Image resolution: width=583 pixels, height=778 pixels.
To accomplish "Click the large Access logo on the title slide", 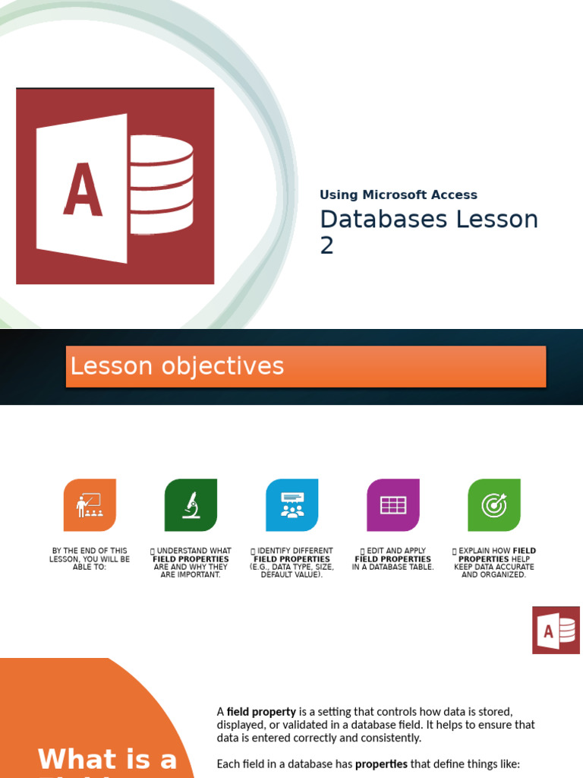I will (x=115, y=186).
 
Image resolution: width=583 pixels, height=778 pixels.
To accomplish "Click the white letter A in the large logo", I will (x=83, y=190).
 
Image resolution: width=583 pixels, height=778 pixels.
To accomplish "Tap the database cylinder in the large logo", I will (x=161, y=185).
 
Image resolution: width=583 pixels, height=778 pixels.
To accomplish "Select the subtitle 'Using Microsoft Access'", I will (x=399, y=195).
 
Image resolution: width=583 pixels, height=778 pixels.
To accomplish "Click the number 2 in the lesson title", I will (x=327, y=246).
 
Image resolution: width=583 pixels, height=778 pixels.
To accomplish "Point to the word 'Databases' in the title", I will (x=383, y=220).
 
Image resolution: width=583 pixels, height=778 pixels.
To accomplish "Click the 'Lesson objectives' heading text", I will (x=177, y=366).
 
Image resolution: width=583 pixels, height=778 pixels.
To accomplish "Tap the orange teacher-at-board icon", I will (x=90, y=505).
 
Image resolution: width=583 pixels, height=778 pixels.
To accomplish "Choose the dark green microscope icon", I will (x=191, y=505).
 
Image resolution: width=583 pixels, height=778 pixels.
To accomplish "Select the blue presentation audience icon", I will (x=292, y=505).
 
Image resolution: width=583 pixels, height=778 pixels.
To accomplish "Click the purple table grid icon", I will (x=393, y=505).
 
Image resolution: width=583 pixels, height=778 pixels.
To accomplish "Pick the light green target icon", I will (x=494, y=505).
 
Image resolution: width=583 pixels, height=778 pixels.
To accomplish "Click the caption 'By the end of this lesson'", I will (x=90, y=559).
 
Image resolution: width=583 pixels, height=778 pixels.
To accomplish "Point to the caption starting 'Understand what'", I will (x=191, y=563).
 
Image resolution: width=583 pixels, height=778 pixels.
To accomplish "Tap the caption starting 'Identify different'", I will (x=292, y=563).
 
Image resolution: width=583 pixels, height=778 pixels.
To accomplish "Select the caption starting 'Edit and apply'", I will (x=393, y=559).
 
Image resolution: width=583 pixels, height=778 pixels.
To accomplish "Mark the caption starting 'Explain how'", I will (x=494, y=563).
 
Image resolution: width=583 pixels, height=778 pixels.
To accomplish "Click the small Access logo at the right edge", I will (x=556, y=630).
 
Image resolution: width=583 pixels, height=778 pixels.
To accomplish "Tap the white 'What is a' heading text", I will (x=107, y=759).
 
